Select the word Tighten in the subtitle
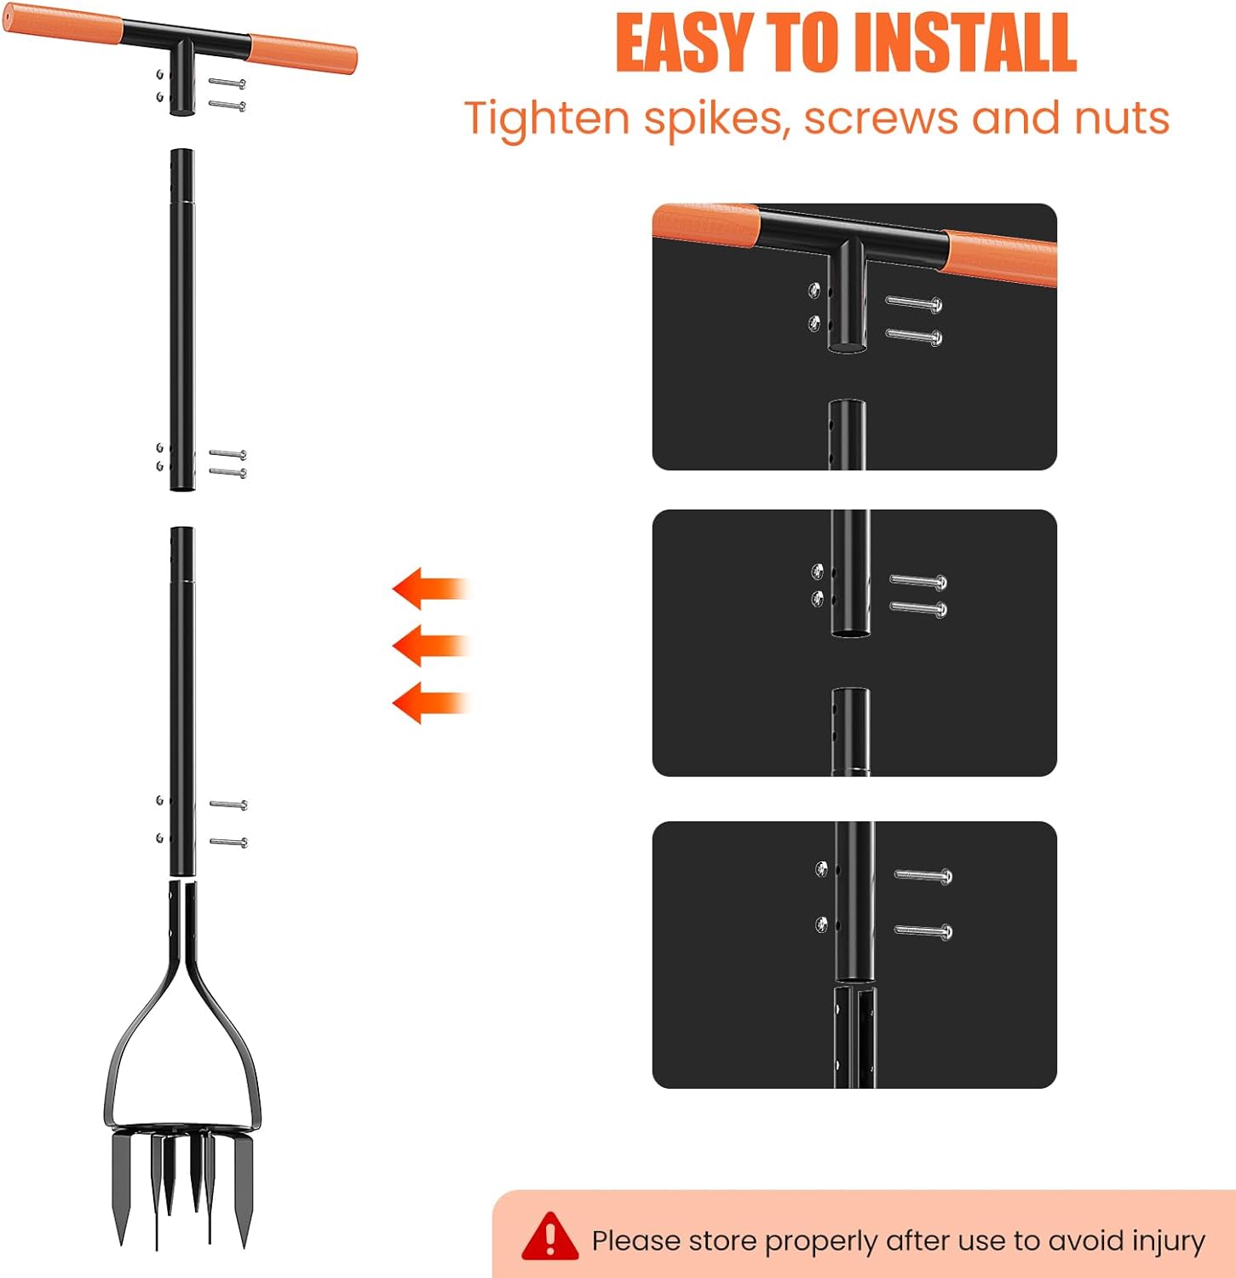[547, 118]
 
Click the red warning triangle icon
[550, 1235]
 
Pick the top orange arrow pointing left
[431, 589]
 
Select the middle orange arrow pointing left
[431, 646]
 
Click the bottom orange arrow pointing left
[431, 703]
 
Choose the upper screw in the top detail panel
[914, 302]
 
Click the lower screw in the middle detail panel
[918, 608]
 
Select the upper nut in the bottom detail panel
[821, 869]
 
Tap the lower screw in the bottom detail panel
[923, 931]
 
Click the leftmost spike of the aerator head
[122, 1187]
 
